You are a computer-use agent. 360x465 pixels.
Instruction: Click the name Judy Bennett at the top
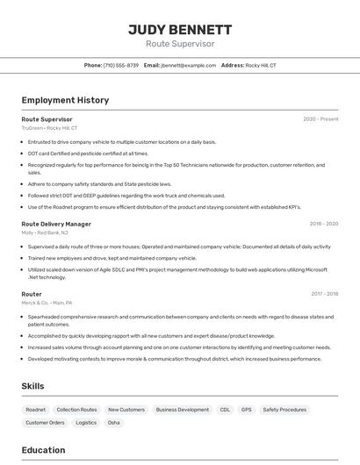[180, 30]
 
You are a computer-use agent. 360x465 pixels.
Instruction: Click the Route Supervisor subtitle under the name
[180, 44]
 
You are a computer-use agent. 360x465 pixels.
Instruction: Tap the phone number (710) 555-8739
[121, 66]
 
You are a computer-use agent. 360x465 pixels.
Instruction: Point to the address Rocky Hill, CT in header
[261, 66]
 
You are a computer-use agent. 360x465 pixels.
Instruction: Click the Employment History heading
[65, 100]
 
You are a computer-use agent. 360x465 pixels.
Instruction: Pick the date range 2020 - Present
[320, 119]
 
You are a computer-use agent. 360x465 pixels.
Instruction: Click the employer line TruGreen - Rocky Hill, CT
[49, 128]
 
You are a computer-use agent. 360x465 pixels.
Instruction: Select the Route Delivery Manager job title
[56, 224]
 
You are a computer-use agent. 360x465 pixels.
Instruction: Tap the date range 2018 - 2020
[324, 224]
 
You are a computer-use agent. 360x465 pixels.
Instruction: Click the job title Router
[32, 294]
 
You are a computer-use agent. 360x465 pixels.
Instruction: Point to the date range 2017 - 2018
[324, 294]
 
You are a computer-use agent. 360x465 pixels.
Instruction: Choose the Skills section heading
[33, 386]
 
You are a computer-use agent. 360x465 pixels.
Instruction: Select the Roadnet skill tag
[36, 410]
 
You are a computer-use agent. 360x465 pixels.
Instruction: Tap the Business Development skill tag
[183, 410]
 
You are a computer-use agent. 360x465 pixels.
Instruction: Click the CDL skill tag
[225, 410]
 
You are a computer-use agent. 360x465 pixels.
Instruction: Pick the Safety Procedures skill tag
[284, 410]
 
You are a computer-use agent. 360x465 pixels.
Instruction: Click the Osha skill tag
[114, 423]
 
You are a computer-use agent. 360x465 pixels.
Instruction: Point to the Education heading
[44, 450]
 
